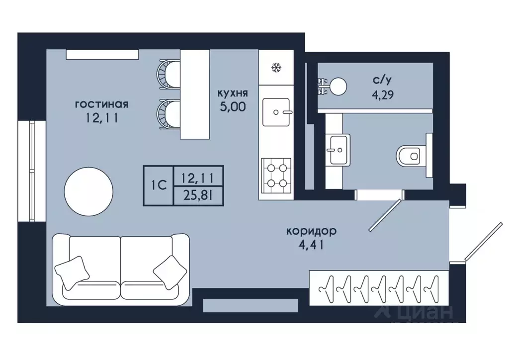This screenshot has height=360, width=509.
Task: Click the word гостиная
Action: coord(101,104)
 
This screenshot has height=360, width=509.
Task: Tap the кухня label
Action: coord(233,93)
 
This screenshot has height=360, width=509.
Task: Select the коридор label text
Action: coord(311,231)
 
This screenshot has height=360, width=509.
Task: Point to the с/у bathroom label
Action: coord(382,80)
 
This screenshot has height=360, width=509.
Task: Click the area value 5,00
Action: coord(233,107)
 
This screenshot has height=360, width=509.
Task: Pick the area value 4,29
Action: coord(382,95)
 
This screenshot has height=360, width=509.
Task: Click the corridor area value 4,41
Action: coord(311,245)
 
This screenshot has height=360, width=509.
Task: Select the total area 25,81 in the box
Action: coord(198,196)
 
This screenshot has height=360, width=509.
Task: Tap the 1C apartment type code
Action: coord(159,185)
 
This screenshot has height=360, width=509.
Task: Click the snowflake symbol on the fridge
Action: coord(276,68)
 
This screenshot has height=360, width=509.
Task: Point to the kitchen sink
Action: coord(276,112)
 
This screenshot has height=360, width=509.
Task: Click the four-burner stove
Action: coord(276,176)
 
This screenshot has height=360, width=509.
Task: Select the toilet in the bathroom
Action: coord(414,156)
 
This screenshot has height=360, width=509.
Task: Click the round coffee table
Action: coord(88,191)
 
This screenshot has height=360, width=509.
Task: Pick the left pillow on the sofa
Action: coord(72,273)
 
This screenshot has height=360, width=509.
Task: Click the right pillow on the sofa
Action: coord(170,272)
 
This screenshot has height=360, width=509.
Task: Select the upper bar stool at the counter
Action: coord(168,74)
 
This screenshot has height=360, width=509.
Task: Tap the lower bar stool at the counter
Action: coord(168,114)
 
